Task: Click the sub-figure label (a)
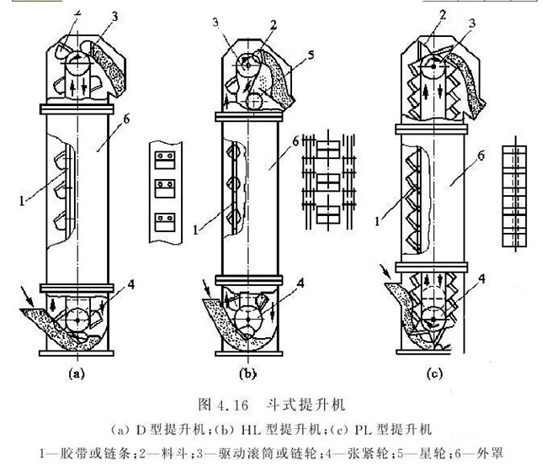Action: click(x=77, y=371)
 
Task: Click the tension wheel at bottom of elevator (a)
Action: click(x=77, y=320)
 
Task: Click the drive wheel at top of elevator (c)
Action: click(x=432, y=66)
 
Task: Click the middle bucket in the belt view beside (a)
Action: click(x=164, y=187)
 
